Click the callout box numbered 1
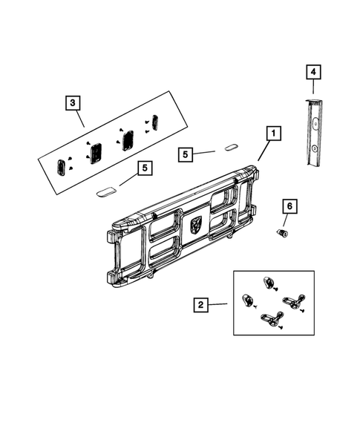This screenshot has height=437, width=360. [x=272, y=134]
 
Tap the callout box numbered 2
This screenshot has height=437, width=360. [x=200, y=304]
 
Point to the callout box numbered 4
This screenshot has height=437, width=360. [x=314, y=72]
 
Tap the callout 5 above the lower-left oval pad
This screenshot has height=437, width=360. [x=144, y=168]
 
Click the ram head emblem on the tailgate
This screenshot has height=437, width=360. [x=196, y=224]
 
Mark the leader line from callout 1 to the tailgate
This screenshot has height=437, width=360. [x=263, y=151]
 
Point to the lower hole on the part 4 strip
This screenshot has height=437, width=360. [x=315, y=148]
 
